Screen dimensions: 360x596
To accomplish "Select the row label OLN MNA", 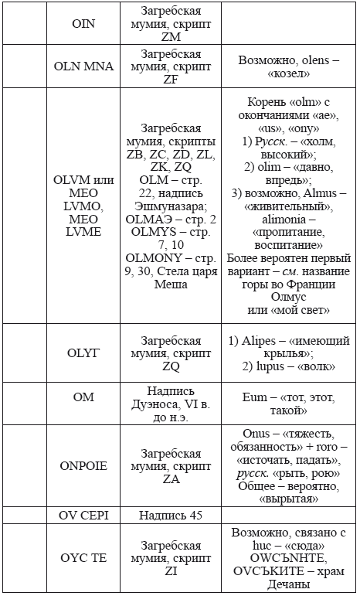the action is point(83,66).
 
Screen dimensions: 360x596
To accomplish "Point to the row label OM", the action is point(83,397).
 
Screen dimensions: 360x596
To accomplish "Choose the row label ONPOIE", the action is point(83,466).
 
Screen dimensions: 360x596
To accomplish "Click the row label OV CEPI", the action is point(83,515).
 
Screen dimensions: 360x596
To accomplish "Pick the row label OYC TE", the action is point(83,557).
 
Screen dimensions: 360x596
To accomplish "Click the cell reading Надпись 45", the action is point(171,515).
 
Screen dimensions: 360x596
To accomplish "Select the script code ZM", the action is point(172,37).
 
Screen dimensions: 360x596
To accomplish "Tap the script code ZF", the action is point(172,80).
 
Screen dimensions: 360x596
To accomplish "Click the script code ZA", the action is point(172,479).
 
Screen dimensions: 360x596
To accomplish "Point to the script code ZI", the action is point(172,571).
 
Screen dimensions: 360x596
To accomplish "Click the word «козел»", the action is point(289,73).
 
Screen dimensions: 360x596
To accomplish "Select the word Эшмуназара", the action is point(172,206).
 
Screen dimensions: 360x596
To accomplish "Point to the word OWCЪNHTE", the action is point(289,557).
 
